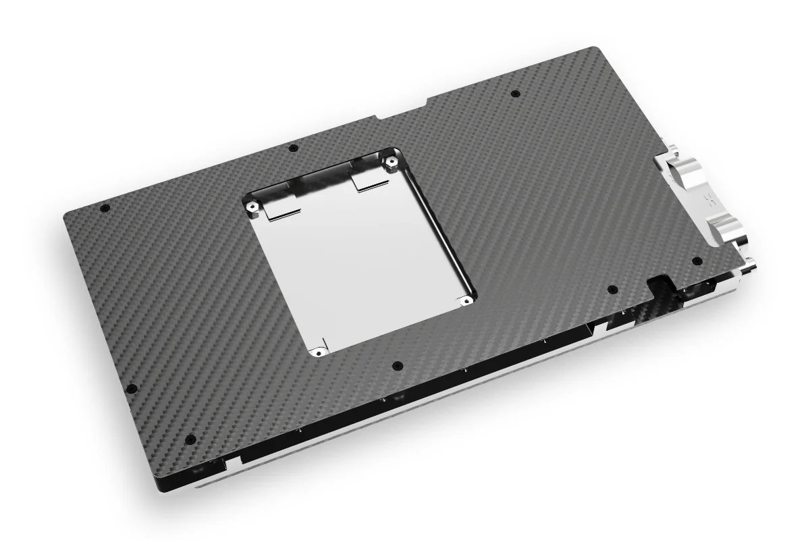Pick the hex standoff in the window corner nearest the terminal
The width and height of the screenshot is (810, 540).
click(x=391, y=161)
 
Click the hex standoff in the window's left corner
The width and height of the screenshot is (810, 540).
click(x=251, y=205)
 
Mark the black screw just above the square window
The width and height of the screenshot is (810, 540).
click(x=292, y=148)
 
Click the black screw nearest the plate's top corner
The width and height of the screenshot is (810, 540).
click(x=516, y=93)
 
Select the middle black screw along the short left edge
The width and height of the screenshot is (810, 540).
click(x=132, y=388)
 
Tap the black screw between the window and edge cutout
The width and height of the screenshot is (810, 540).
click(x=612, y=290)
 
